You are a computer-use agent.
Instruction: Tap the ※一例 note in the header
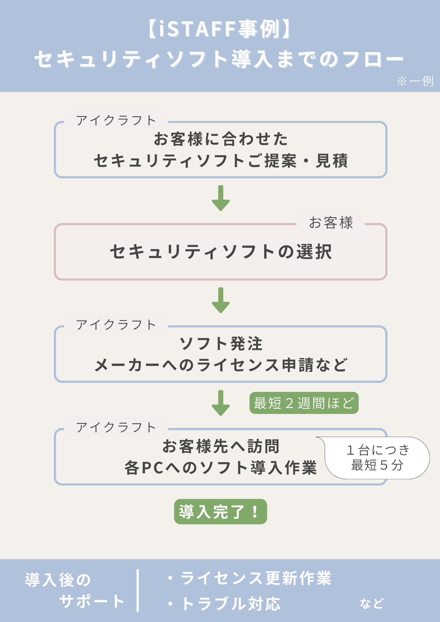(415, 81)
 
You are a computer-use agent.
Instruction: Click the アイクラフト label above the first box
(116, 120)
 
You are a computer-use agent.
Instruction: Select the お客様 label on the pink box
(331, 223)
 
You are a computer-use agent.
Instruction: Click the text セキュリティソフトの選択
(221, 252)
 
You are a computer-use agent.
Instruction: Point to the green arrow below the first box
(221, 198)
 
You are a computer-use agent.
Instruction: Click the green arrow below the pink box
(221, 300)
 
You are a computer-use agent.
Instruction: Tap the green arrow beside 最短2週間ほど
(221, 403)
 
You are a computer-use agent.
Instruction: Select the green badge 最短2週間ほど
(304, 403)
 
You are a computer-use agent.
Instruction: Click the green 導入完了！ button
(220, 512)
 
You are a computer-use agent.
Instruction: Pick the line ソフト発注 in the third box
(221, 344)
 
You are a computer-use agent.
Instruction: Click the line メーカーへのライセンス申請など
(221, 365)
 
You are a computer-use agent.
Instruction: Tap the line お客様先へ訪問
(221, 446)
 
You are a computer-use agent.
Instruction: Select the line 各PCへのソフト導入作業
(221, 467)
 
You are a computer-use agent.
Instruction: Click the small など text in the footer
(372, 604)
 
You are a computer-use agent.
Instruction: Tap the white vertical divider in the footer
(138, 591)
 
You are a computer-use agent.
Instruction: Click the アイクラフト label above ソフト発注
(116, 325)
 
